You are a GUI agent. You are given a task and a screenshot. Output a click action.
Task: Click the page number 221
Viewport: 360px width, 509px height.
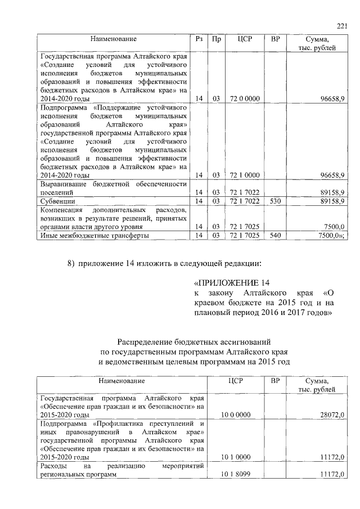click(x=342, y=25)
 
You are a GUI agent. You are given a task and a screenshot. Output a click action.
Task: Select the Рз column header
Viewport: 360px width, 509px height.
click(x=199, y=39)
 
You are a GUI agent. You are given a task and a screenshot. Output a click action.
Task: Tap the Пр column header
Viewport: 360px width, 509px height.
click(x=216, y=39)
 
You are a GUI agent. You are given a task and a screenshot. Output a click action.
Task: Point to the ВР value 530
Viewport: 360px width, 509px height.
click(x=275, y=201)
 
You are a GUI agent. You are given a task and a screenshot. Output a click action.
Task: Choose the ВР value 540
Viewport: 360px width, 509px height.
click(x=275, y=236)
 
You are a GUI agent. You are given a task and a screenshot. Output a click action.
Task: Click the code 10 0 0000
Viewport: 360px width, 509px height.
click(x=236, y=415)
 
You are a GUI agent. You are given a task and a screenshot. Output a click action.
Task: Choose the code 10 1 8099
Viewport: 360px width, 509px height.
click(x=236, y=475)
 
